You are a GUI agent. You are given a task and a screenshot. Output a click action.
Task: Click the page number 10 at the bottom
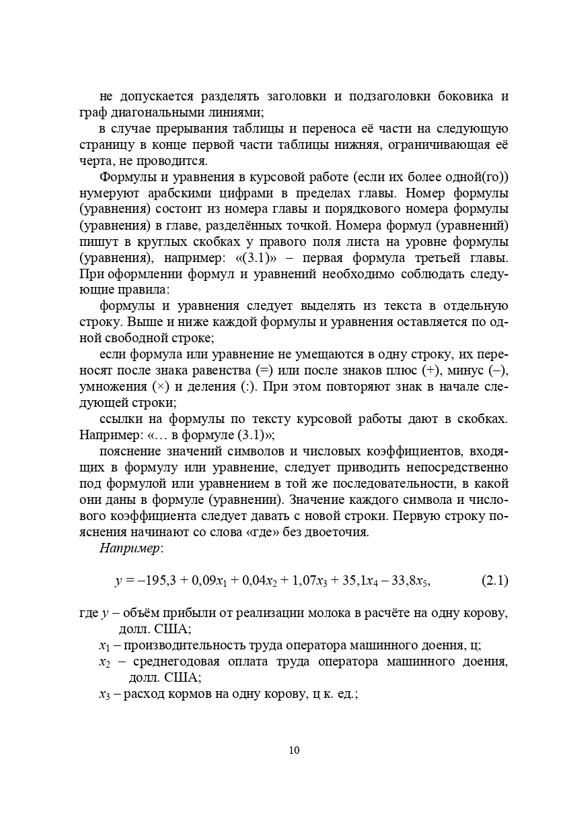coord(294,750)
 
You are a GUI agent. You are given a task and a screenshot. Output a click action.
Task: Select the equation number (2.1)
coord(495,580)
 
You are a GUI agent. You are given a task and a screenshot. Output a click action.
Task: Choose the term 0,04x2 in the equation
coord(254,580)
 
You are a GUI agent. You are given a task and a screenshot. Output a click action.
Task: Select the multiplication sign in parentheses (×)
coord(159,387)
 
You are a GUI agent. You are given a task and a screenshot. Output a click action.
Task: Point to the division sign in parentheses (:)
coord(248,387)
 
